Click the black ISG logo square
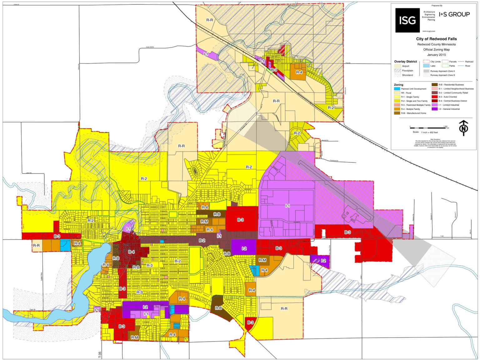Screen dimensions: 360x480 pos(407,20)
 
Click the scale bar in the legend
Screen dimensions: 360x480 pos(428,128)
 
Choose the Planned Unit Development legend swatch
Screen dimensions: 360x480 pos(397,89)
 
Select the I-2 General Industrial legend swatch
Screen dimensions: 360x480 pos(434,109)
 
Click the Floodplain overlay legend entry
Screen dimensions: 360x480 pos(407,71)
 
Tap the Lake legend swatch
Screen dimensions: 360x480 pos(426,66)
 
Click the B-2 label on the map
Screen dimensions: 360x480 pos(202,241)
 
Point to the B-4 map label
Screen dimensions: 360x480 pos(132,252)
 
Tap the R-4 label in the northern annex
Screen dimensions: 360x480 pos(299,72)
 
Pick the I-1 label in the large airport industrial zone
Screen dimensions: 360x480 pos(287,206)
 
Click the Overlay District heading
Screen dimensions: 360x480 pos(405,62)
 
